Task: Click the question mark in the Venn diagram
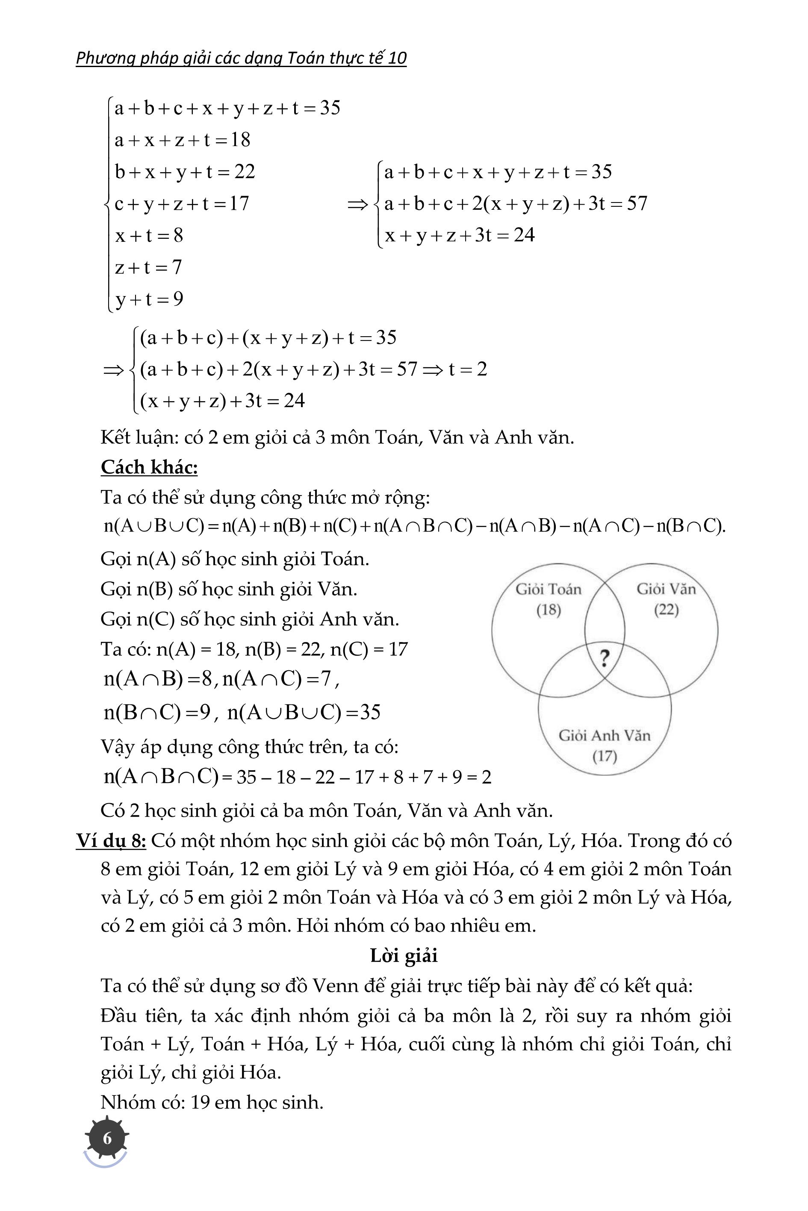click(x=605, y=658)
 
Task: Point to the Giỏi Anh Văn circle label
click(x=605, y=735)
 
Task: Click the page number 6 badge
click(x=107, y=1138)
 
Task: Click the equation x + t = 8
click(x=149, y=235)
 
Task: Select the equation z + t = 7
click(x=148, y=267)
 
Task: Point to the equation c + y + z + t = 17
click(x=181, y=204)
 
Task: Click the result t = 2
click(x=467, y=369)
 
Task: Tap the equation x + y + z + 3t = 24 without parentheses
click(x=460, y=235)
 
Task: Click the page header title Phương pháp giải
click(x=241, y=58)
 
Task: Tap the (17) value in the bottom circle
click(x=605, y=757)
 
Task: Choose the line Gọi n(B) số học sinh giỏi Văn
click(x=229, y=589)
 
